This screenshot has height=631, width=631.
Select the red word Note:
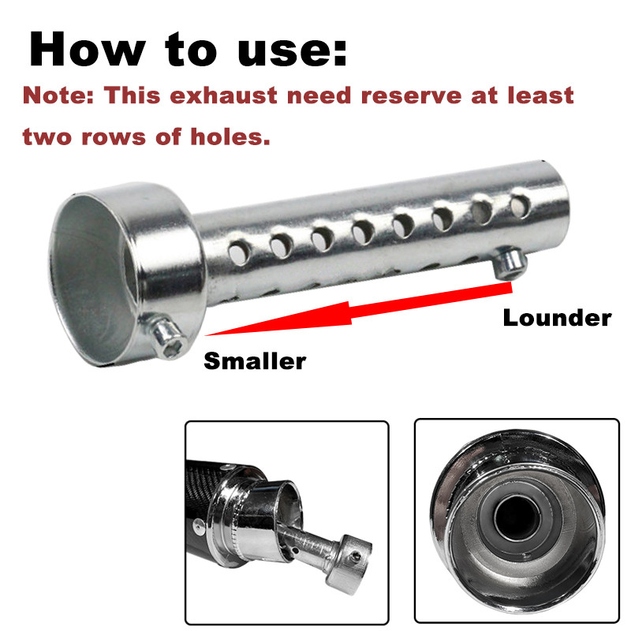coord(58,96)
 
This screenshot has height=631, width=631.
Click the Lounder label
coord(557,318)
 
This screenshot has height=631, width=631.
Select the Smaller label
coord(254,361)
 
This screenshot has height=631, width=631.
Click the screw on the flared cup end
coord(167,336)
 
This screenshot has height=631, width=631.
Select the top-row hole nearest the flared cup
coord(237,253)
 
